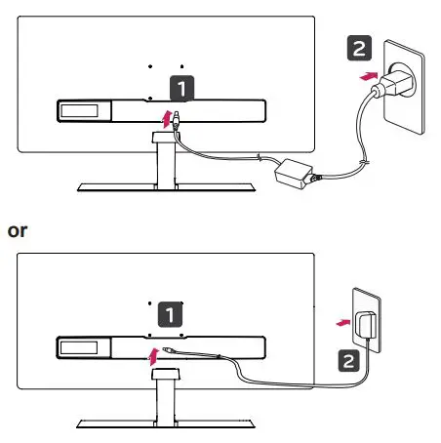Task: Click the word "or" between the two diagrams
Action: [x=17, y=231]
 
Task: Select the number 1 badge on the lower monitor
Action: [x=170, y=314]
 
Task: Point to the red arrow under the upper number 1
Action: [x=168, y=118]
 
